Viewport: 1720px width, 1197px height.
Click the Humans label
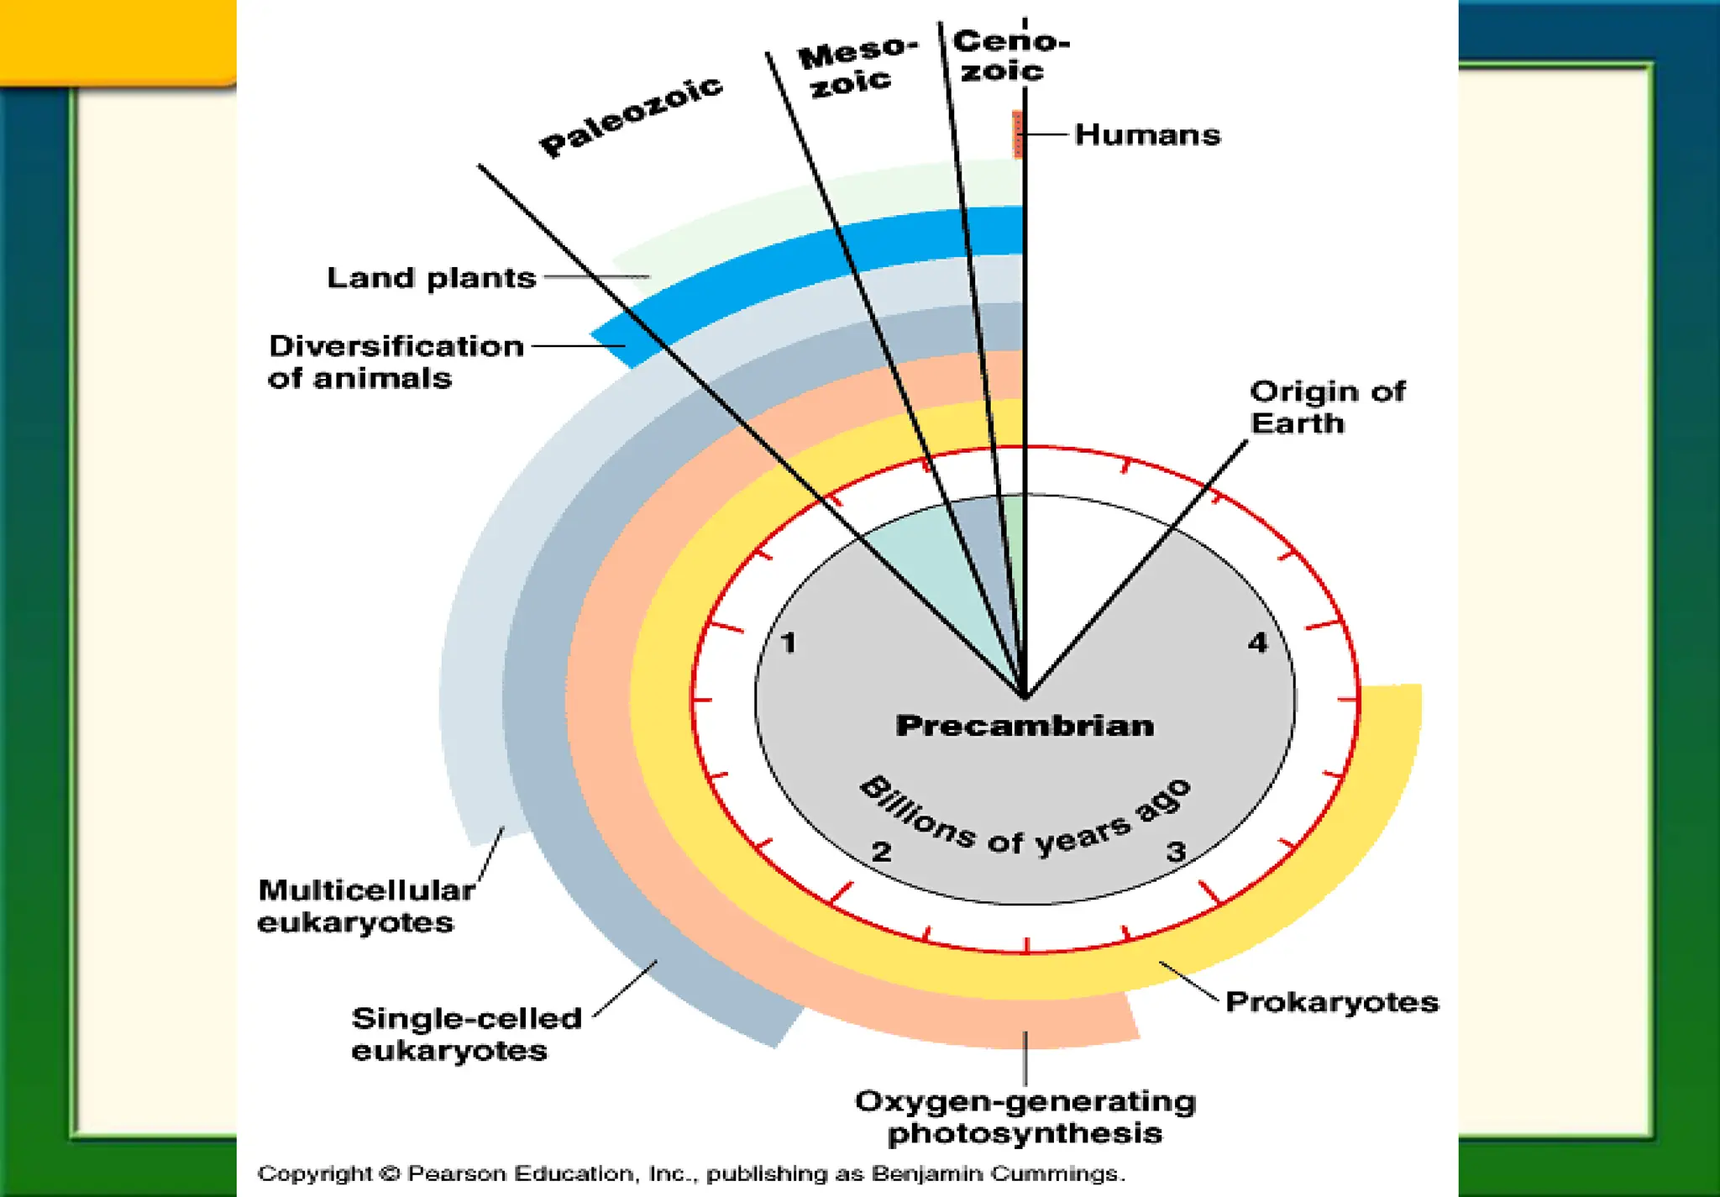pos(1147,134)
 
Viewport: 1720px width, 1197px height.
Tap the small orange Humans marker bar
pos(1017,134)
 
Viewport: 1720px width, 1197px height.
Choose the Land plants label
pos(431,278)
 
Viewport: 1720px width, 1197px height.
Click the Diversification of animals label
pos(396,362)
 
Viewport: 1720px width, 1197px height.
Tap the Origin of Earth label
pos(1327,407)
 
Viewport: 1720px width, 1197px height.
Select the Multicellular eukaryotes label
pos(366,906)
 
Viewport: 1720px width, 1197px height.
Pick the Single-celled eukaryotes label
pos(466,1034)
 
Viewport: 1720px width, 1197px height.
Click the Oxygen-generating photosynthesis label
pos(1025,1117)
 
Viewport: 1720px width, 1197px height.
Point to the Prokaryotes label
pos(1332,1002)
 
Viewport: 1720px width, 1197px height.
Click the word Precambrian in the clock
pos(1025,726)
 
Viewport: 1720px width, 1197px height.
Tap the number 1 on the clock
pos(789,643)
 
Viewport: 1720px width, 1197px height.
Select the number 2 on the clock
pos(881,852)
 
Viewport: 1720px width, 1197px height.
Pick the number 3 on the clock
pos(1176,851)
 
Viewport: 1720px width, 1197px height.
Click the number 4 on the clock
pos(1257,643)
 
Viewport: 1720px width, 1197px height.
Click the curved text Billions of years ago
pos(1025,819)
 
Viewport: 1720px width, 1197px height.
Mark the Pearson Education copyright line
pos(690,1173)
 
